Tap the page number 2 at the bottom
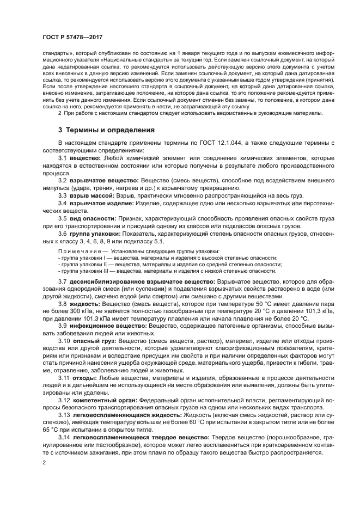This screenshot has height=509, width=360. [x=44, y=462]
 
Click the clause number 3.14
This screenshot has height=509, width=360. [x=64, y=437]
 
